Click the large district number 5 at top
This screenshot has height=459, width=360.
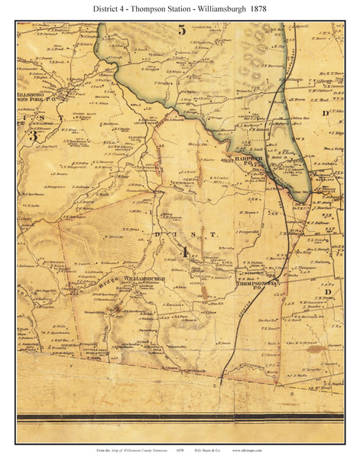click(181, 31)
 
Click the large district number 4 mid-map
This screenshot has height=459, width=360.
click(183, 251)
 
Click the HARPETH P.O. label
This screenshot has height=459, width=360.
click(251, 162)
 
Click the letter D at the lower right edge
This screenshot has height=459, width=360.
click(326, 292)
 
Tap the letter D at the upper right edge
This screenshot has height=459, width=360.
click(325, 114)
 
